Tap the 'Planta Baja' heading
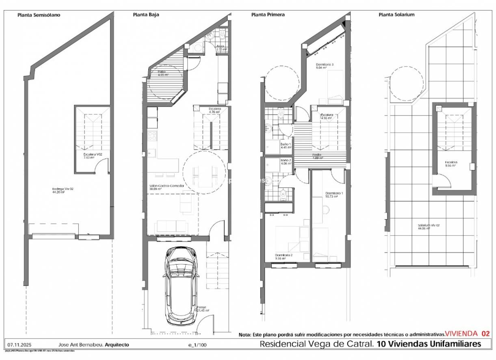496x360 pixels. [146, 15]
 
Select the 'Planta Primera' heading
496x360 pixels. [268, 15]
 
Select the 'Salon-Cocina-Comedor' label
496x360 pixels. [167, 186]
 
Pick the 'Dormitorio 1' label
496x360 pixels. [334, 193]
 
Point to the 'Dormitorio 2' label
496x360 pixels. [284, 255]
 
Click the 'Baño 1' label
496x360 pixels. [286, 144]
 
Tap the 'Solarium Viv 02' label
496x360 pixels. [429, 226]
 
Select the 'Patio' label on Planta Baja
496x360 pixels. [162, 71]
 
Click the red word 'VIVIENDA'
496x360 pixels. [461, 334]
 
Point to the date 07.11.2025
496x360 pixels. [17, 344]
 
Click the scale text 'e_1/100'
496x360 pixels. [197, 345]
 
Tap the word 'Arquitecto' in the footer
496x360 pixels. [117, 344]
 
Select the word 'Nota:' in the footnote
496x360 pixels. [245, 335]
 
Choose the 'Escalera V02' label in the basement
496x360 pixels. [86, 154]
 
